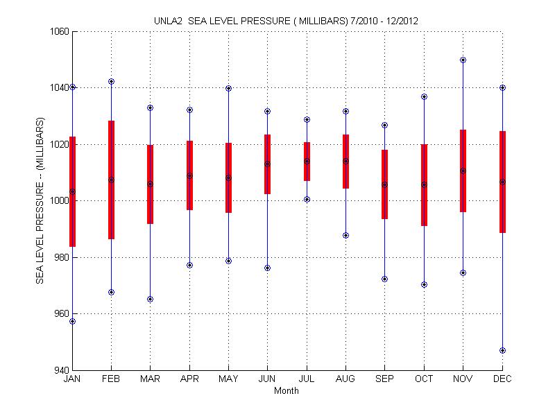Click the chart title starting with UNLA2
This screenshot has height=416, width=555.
click(285, 21)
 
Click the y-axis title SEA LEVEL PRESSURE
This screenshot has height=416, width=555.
click(40, 200)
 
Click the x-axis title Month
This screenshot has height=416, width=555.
click(286, 391)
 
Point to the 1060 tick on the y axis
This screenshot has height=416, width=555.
click(58, 31)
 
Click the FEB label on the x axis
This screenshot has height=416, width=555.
click(111, 379)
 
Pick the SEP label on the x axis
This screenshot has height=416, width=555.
click(385, 379)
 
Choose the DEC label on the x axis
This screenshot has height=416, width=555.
click(502, 379)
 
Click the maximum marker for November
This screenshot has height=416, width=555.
click(463, 60)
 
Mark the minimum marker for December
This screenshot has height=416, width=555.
click(502, 350)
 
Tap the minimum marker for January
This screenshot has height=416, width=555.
click(72, 321)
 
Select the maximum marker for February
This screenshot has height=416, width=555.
click(111, 82)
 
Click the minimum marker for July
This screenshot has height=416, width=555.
click(307, 200)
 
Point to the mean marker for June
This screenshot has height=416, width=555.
click(268, 164)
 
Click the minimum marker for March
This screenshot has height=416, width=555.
click(151, 300)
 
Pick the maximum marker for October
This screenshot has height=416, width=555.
click(424, 97)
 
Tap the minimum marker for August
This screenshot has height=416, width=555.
click(345, 236)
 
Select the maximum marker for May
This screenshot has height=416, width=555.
click(228, 89)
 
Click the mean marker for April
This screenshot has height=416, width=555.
click(189, 176)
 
